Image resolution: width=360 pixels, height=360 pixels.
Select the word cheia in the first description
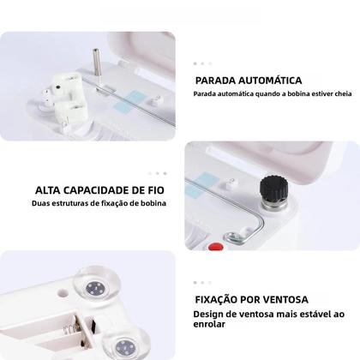336,94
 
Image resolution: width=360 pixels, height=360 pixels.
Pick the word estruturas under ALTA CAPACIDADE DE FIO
68,204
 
